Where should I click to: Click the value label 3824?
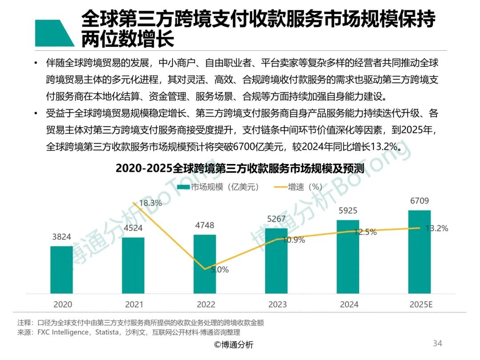62,237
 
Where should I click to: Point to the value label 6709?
420,201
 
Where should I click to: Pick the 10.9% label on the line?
294,240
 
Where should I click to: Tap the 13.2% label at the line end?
437,228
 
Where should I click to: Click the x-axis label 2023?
277,305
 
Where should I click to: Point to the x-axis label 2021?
134,305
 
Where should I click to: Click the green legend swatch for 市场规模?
183,187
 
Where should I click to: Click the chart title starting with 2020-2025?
240,169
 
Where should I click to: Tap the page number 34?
437,343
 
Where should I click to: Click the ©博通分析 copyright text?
234,345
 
